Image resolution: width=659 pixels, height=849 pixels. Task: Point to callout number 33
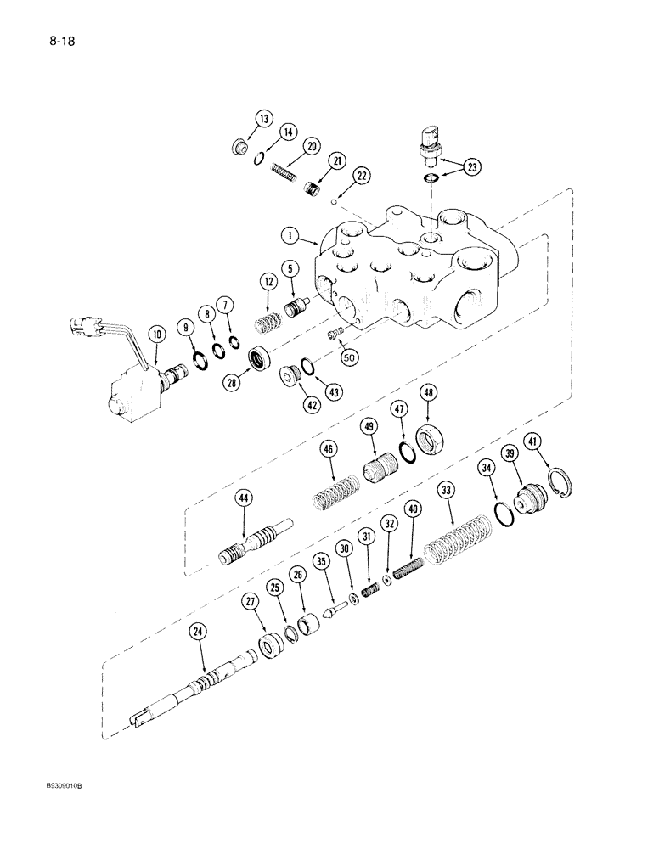tap(444, 490)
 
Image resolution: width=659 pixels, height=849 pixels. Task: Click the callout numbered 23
tap(472, 166)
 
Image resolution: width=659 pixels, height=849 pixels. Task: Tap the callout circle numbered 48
tap(428, 392)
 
